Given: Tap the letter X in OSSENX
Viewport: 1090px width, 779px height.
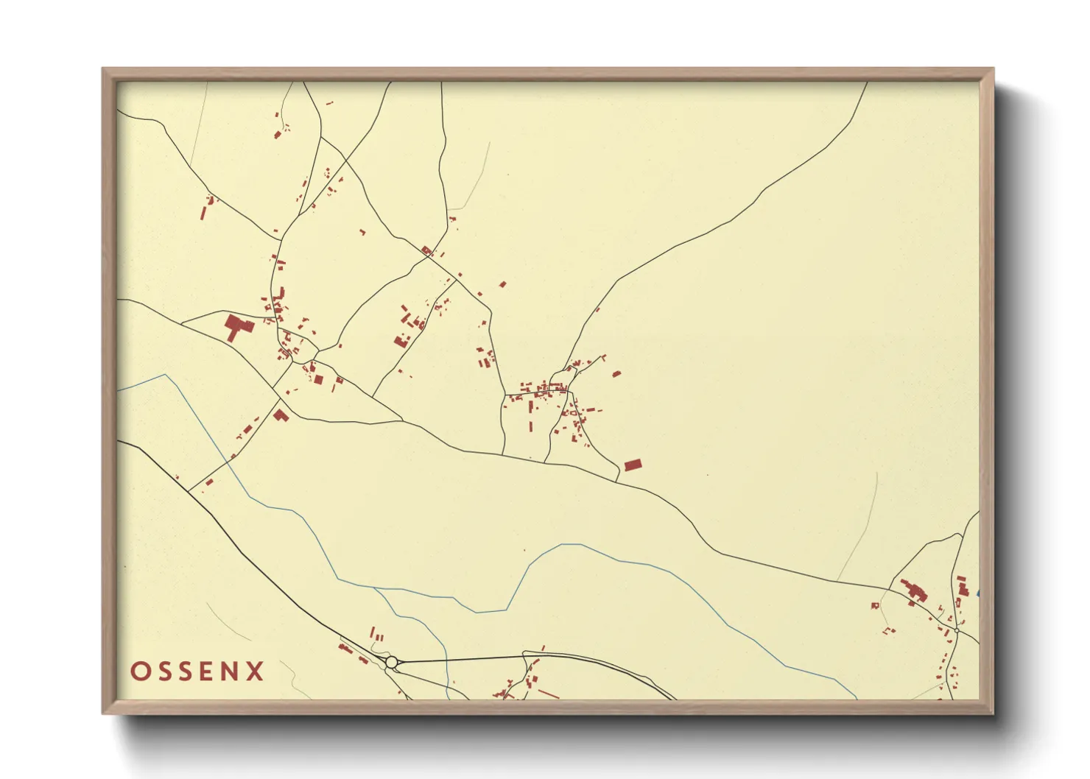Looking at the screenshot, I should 255,672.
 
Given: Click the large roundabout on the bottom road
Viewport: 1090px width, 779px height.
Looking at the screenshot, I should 392,662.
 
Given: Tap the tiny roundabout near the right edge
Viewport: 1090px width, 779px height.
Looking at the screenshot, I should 956,631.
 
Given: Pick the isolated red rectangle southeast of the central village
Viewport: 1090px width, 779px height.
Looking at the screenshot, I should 633,465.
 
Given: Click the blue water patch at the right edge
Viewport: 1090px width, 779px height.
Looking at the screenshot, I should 977,593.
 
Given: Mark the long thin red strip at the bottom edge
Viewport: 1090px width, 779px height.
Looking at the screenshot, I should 549,694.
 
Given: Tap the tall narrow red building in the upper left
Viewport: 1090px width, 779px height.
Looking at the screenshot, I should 204,212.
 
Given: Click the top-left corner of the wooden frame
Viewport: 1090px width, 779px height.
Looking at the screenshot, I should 103,69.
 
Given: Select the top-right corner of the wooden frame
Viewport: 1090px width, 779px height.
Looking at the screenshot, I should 993,69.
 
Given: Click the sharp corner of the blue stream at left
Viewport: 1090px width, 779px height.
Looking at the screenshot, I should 165,375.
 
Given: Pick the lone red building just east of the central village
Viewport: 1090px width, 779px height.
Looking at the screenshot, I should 616,374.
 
